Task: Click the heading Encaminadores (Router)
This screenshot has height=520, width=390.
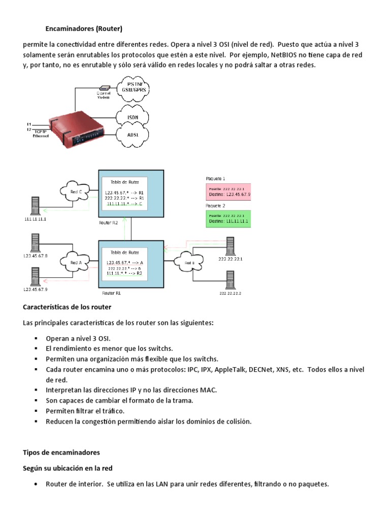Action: coord(84,28)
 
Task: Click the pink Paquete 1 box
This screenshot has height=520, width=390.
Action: coord(229,191)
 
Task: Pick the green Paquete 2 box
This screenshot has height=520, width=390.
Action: coord(229,219)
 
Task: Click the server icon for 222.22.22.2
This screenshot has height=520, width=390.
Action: coord(230,281)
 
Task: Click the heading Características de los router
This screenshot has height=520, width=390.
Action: coord(67,307)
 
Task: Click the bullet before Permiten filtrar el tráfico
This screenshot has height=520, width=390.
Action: coord(37,411)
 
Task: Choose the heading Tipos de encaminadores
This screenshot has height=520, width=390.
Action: coord(61,452)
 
